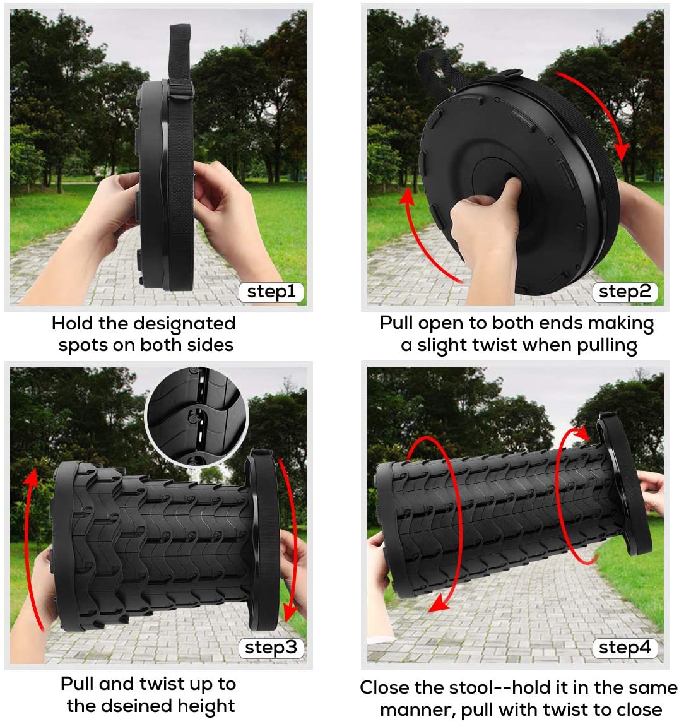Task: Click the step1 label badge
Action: [271, 292]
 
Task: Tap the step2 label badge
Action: [625, 292]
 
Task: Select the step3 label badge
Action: [271, 648]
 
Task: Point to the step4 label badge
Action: [625, 648]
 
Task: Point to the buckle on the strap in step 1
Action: [180, 88]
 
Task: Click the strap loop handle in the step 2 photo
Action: [435, 71]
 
